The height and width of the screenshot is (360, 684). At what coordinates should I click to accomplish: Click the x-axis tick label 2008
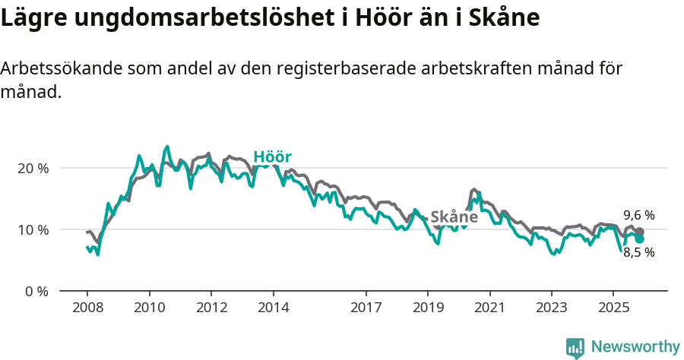(87, 309)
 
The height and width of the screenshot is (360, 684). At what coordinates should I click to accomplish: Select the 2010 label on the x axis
(149, 309)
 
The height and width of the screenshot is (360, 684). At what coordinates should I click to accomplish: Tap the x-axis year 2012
(211, 309)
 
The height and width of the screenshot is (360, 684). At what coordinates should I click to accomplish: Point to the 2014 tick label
(273, 309)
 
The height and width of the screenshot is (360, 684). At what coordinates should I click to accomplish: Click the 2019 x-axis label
(428, 309)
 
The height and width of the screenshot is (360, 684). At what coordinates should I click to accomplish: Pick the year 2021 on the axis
(489, 309)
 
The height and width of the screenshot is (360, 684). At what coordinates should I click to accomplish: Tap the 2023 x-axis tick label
(552, 309)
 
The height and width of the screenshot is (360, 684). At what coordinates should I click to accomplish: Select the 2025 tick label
(613, 309)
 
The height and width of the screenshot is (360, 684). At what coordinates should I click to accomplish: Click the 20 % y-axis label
(33, 168)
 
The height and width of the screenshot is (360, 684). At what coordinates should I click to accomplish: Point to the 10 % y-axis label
(33, 229)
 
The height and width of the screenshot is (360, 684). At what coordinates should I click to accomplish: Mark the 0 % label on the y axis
(36, 291)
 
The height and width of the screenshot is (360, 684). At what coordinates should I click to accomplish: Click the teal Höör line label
(272, 157)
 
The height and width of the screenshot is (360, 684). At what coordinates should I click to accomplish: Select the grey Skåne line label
(454, 217)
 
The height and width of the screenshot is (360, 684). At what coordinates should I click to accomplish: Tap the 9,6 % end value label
(638, 215)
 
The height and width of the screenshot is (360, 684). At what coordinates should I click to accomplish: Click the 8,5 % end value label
(638, 253)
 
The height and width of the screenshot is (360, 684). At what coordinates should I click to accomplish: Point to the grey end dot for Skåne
(640, 232)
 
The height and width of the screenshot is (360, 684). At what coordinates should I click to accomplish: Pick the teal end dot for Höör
(640, 238)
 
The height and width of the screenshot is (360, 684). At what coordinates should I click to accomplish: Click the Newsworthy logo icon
(575, 348)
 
